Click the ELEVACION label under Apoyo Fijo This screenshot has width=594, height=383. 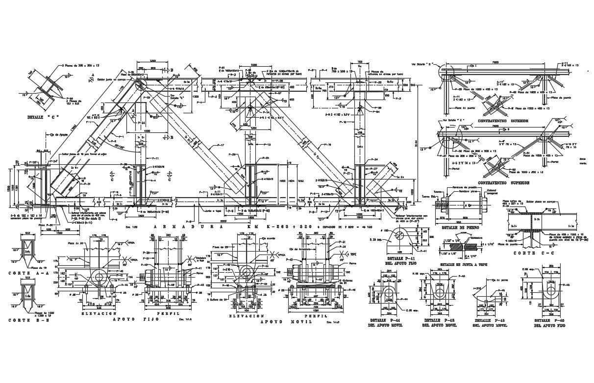click(x=99, y=313)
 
